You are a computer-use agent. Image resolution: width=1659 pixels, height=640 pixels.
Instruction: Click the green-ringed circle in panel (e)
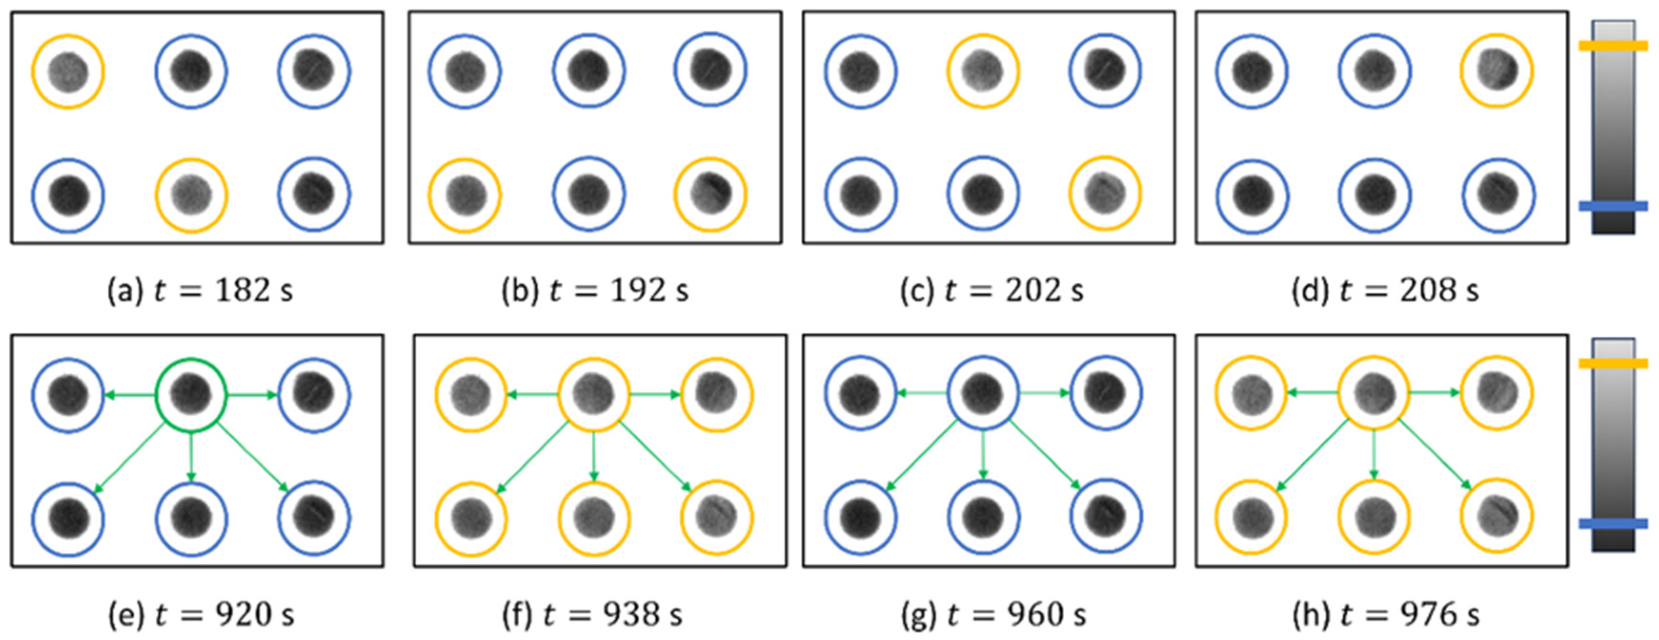pyautogui.click(x=191, y=394)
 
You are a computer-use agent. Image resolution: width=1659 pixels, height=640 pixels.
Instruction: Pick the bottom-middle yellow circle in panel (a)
pyautogui.click(x=191, y=194)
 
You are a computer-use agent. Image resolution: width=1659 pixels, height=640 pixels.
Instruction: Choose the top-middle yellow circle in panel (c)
pyautogui.click(x=983, y=71)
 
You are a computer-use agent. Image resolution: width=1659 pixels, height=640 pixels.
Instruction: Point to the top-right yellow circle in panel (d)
pyautogui.click(x=1497, y=71)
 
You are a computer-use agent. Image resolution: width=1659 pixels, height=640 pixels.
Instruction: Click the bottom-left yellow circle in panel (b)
pyautogui.click(x=464, y=194)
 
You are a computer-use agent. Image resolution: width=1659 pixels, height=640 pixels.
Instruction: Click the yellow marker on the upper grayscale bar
pyautogui.click(x=1613, y=46)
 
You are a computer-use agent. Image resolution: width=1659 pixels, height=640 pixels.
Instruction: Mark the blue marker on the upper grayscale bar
pyautogui.click(x=1613, y=206)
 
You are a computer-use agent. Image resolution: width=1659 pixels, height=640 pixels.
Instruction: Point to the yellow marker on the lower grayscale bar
pyautogui.click(x=1613, y=363)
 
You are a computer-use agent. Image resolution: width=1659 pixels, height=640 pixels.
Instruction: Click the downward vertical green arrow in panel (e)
pyautogui.click(x=191, y=456)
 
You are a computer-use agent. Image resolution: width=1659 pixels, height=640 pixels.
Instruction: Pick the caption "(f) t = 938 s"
pyautogui.click(x=592, y=614)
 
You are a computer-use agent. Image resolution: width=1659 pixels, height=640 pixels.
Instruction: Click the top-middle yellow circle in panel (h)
pyautogui.click(x=1374, y=393)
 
